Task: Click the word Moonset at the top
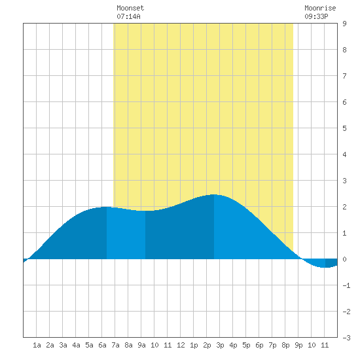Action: point(130,8)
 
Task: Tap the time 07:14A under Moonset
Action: point(128,16)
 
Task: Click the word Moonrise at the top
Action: point(320,8)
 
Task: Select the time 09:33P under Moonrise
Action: point(316,16)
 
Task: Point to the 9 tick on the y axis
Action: point(344,24)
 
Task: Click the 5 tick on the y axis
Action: point(344,128)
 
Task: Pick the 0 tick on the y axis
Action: point(344,259)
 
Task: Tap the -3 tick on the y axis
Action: point(346,338)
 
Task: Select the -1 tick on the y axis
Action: point(346,285)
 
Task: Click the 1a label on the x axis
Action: point(37,345)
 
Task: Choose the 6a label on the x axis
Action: point(102,345)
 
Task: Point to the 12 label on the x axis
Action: point(181,345)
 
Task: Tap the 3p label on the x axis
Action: point(220,345)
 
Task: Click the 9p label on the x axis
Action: point(298,345)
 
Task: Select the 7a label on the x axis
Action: point(115,345)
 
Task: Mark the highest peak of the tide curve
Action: point(214,194)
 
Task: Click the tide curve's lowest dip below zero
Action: point(324,268)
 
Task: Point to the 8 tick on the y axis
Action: point(344,50)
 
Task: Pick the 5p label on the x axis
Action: point(246,345)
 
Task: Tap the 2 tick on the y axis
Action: point(344,207)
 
